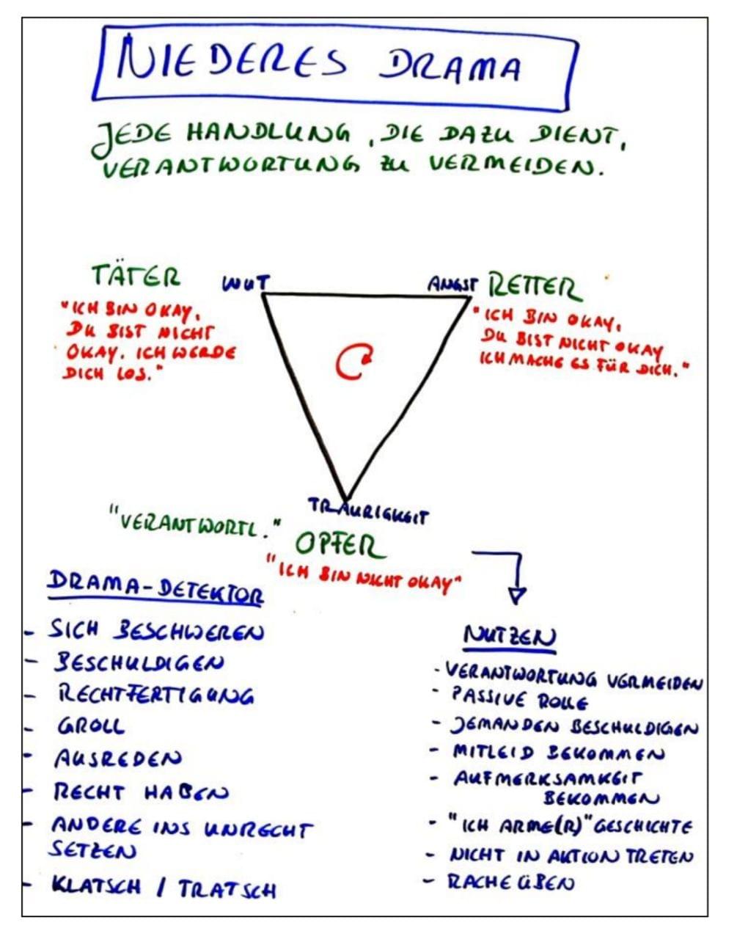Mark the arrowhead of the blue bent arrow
[x=517, y=595]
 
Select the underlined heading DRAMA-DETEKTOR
[x=155, y=588]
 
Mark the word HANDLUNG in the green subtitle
[x=268, y=132]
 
